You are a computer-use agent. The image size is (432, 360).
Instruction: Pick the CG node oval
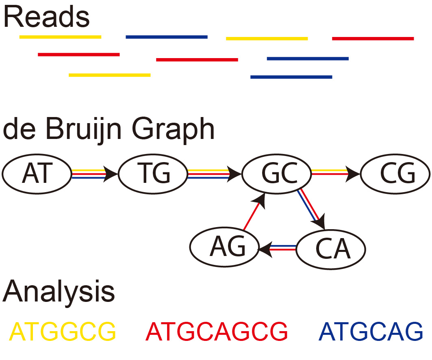(395, 174)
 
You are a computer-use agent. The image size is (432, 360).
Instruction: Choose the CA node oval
(330, 248)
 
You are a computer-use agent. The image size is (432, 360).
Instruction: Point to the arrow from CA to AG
(278, 247)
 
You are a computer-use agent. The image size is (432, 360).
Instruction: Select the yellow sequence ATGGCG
(62, 332)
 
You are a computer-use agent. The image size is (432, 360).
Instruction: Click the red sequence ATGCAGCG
(217, 332)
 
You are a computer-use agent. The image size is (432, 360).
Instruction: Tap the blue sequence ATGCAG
(371, 332)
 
